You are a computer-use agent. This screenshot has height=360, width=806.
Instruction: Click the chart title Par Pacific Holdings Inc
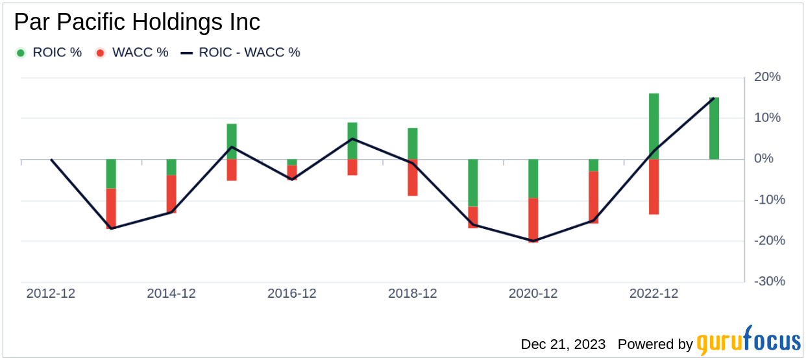[x=137, y=23]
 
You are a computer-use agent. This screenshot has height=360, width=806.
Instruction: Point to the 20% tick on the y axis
[x=766, y=77]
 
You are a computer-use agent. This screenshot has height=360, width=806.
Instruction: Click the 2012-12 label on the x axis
[x=51, y=294]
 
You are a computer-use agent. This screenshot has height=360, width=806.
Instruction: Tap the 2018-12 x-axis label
[x=413, y=294]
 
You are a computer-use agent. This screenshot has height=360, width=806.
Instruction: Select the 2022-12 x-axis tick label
[x=653, y=294]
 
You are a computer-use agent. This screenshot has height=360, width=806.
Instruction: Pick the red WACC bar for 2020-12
[x=533, y=220]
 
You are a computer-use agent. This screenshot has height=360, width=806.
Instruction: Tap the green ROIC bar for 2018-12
[x=413, y=143]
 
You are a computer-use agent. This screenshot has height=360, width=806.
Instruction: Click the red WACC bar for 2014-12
[x=171, y=194]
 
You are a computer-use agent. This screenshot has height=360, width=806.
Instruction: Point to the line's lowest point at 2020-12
[x=533, y=241]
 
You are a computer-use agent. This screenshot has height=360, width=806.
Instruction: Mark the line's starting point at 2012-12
[x=51, y=160]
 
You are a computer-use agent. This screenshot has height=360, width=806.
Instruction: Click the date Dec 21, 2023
[x=563, y=344]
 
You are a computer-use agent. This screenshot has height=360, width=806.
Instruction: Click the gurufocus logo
[x=748, y=342]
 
